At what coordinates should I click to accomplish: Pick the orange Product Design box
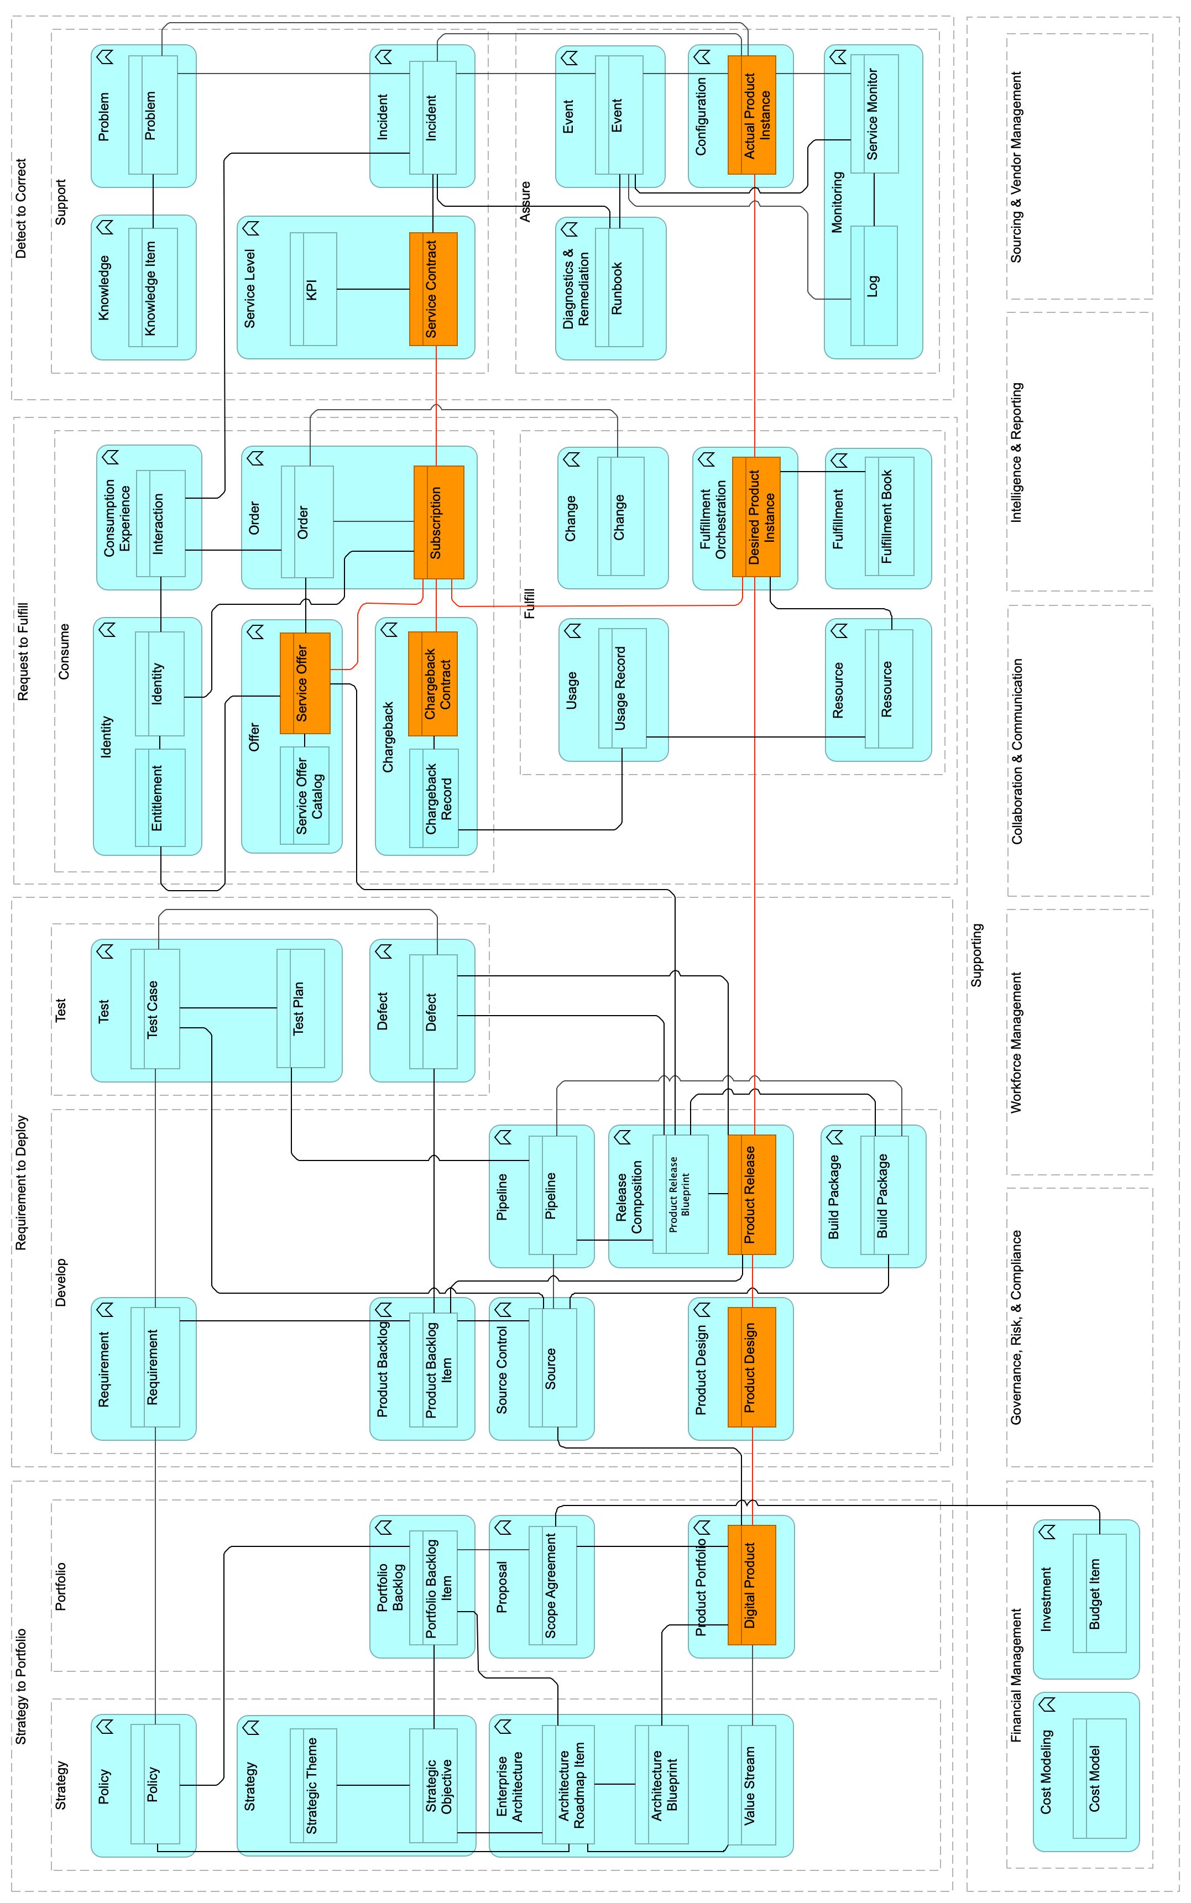(751, 1367)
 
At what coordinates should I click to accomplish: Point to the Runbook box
(619, 287)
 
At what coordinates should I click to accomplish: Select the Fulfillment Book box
(889, 516)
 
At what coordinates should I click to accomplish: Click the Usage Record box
(622, 688)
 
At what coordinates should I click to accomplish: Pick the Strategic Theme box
(314, 1785)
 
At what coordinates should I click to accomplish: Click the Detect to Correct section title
(21, 209)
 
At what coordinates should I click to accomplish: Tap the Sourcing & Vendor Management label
(1016, 167)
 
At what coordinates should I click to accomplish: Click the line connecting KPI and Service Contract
(373, 289)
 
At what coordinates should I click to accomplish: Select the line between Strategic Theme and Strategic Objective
(373, 1785)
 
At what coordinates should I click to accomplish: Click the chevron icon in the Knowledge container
(105, 227)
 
